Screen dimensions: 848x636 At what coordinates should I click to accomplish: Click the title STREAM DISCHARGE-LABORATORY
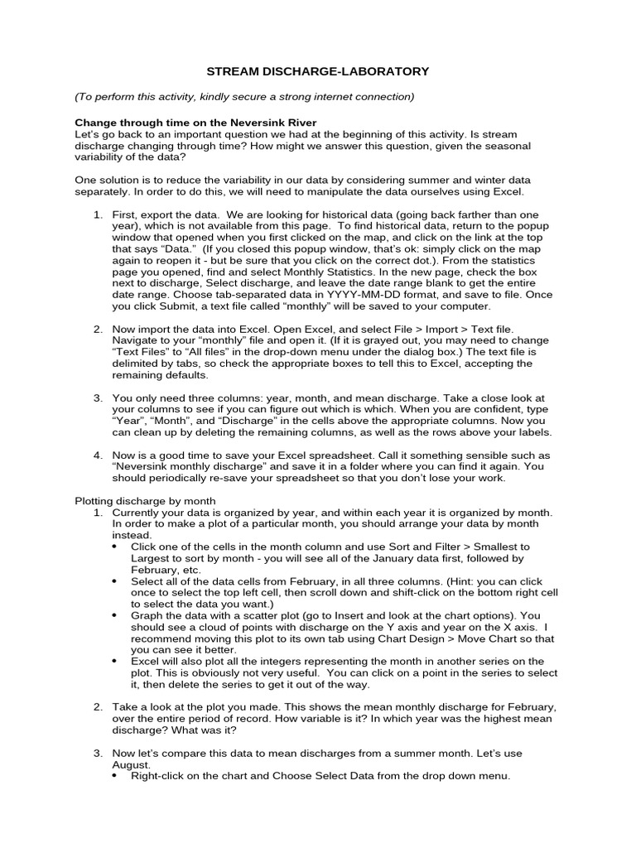[317, 72]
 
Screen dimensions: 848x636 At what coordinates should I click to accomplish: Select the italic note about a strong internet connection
[244, 97]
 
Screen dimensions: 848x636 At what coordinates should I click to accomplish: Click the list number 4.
[98, 455]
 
